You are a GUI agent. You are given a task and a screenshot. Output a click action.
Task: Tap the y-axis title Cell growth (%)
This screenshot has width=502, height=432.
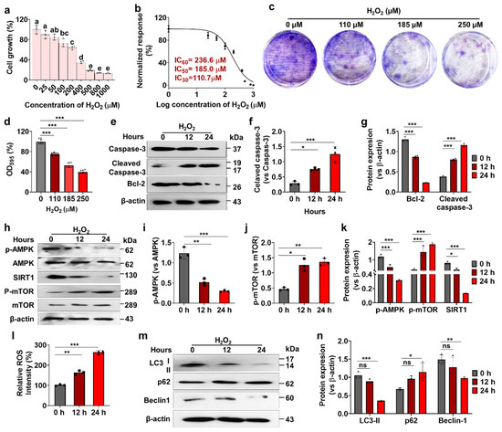point(8,49)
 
